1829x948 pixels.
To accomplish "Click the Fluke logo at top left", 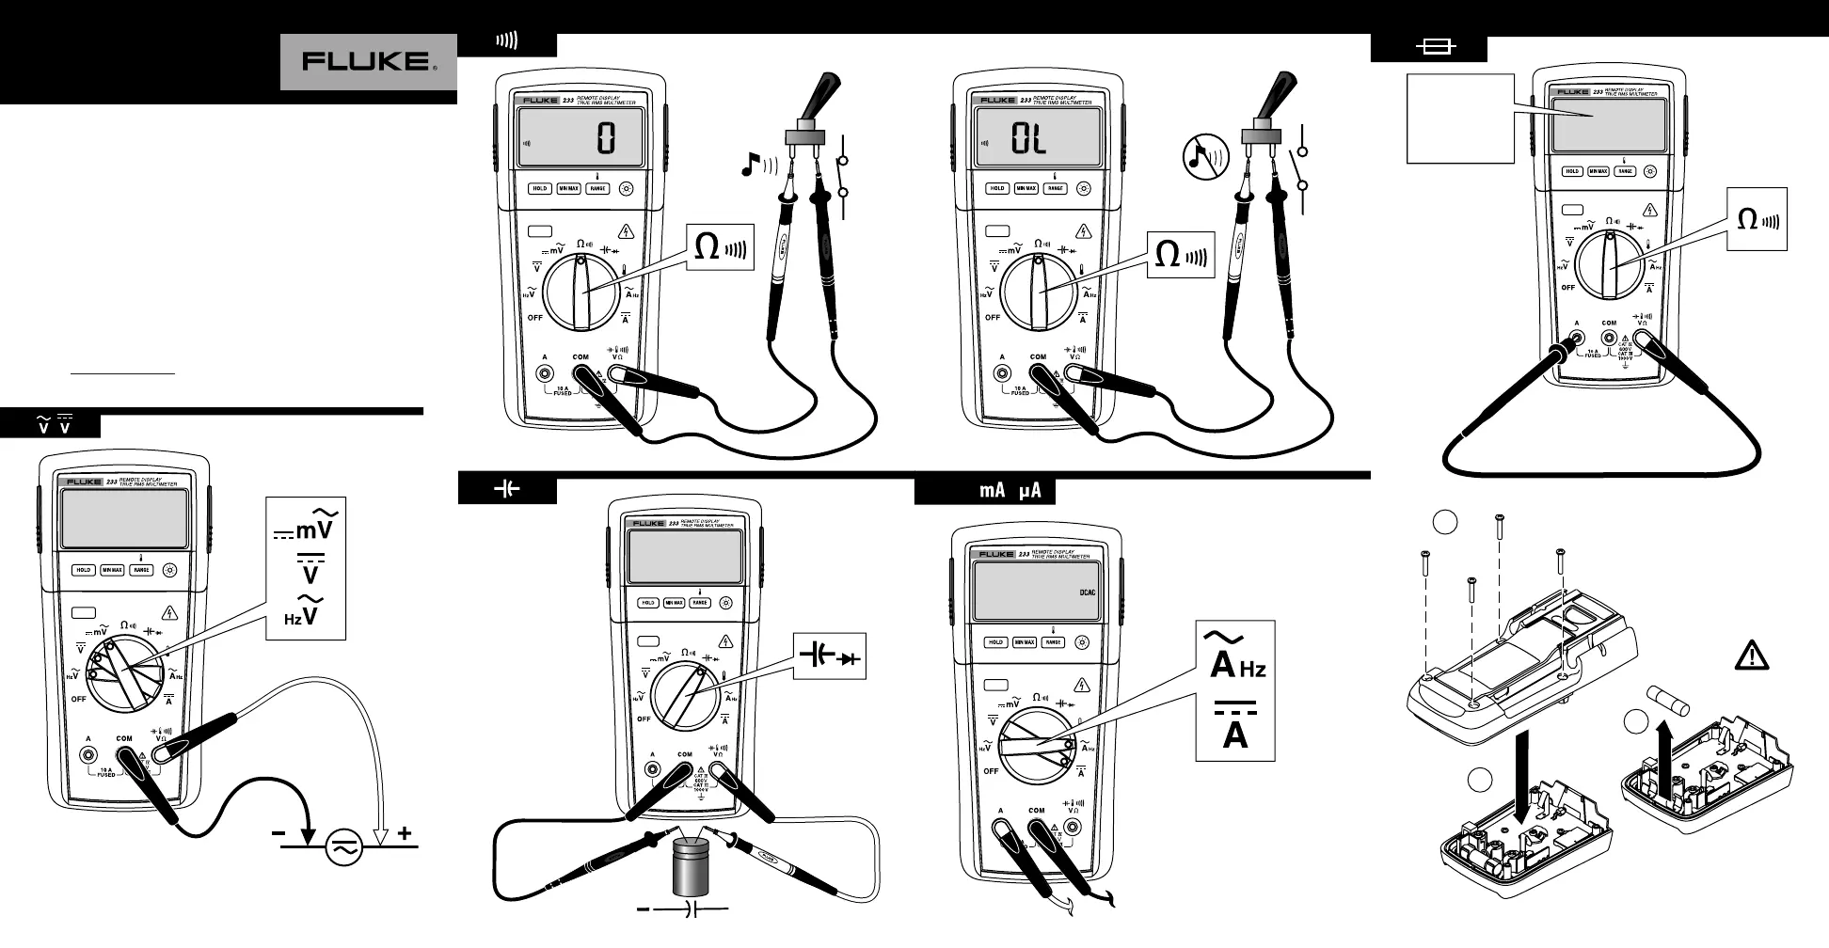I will pyautogui.click(x=368, y=62).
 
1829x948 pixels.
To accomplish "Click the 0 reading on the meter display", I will pyautogui.click(x=606, y=140).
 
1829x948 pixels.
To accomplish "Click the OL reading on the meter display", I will pyautogui.click(x=1028, y=140).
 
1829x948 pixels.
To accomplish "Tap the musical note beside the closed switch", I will pyautogui.click(x=750, y=166).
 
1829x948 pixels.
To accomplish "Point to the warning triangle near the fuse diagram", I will pyautogui.click(x=1751, y=656).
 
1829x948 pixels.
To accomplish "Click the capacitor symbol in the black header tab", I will pyautogui.click(x=507, y=489).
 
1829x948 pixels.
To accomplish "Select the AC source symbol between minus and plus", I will pyautogui.click(x=343, y=847).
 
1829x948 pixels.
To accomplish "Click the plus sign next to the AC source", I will pyautogui.click(x=405, y=832).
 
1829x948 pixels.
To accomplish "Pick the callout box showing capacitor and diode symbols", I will pyautogui.click(x=829, y=656).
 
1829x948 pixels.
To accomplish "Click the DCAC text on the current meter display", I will pyautogui.click(x=1087, y=592).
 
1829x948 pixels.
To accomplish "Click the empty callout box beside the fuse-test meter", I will pyautogui.click(x=1460, y=118).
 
